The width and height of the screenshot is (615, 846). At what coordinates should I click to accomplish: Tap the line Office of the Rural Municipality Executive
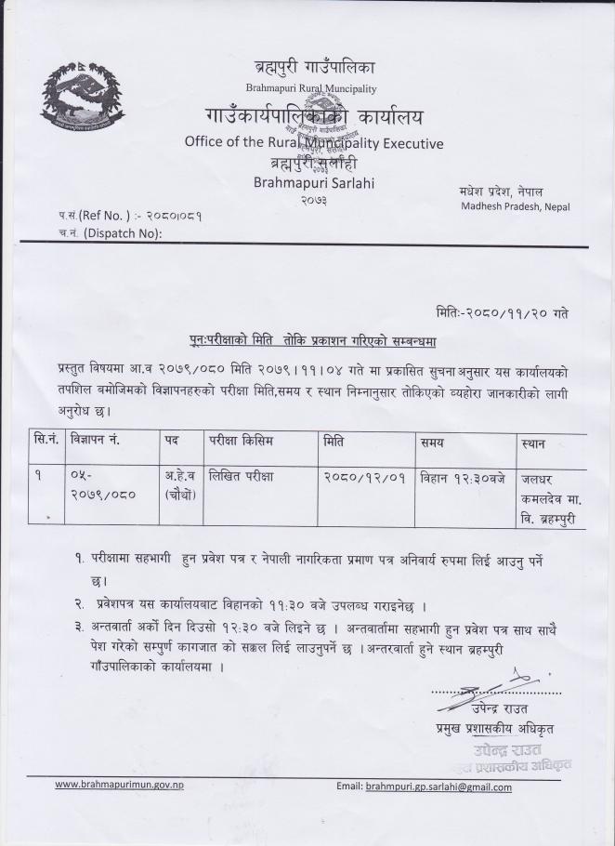314,143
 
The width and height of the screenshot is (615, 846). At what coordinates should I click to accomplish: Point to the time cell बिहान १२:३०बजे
460,476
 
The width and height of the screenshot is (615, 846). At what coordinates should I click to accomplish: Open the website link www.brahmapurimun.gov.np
119,785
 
